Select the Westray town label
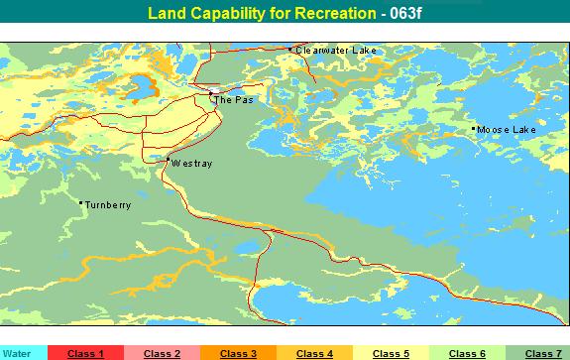tap(190, 163)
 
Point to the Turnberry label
tap(107, 205)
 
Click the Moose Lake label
tap(506, 130)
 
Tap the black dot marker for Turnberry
tap(80, 203)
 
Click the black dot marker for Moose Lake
tap(474, 129)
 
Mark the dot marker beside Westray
tap(168, 161)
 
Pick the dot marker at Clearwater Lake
tap(289, 49)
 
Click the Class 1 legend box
tap(85, 353)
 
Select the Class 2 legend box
tap(162, 353)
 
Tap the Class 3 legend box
tap(238, 353)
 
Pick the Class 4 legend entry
tap(314, 353)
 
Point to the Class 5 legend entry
tap(391, 353)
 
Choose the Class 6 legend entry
tap(467, 353)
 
